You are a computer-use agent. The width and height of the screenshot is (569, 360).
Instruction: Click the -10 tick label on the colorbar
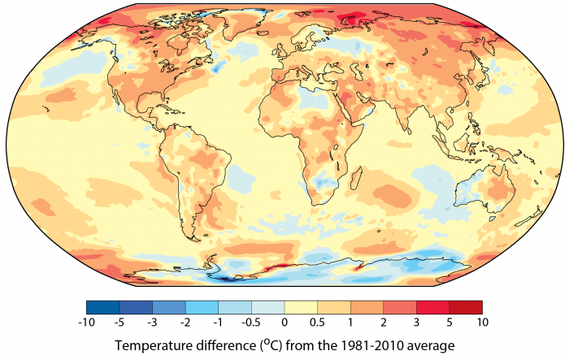point(86,322)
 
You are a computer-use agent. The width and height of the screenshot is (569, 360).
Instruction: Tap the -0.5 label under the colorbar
point(251,322)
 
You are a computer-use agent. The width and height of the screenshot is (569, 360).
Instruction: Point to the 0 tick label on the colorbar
point(284,322)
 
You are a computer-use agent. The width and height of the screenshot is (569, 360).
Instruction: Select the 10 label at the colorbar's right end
point(482,322)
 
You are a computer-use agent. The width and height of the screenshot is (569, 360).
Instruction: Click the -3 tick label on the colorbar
point(153,322)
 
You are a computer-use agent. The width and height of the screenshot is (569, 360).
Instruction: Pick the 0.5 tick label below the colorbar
point(317,322)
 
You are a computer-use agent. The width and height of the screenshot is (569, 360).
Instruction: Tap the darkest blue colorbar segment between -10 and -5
point(103,307)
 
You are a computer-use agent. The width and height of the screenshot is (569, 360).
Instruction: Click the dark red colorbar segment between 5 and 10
point(466,307)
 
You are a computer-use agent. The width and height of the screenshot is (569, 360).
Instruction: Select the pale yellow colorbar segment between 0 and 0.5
point(301,307)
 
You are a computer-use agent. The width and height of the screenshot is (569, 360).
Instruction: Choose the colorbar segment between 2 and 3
point(399,307)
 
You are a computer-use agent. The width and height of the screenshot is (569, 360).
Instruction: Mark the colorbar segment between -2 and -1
point(202,307)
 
